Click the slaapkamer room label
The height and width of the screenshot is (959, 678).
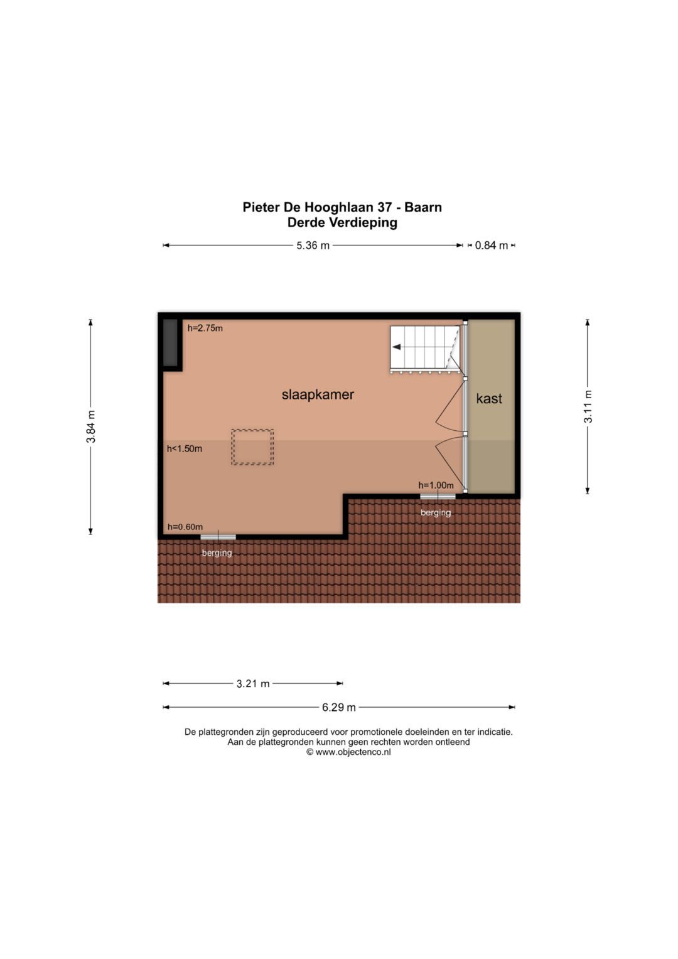tap(318, 394)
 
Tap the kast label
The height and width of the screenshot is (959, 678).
tap(489, 398)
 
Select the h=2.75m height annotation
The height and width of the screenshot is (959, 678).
tap(205, 328)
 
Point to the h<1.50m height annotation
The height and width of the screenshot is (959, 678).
tap(185, 448)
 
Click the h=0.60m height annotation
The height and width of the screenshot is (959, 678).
tap(185, 527)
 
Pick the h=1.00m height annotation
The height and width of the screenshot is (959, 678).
tap(436, 485)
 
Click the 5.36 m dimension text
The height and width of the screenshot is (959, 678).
tap(313, 246)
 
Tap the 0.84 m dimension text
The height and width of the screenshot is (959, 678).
tap(491, 246)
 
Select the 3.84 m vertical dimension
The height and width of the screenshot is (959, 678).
tap(91, 426)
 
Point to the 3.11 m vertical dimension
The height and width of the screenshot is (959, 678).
tap(588, 406)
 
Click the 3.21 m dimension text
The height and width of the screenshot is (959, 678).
tap(253, 683)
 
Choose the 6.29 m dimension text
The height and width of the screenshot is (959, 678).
tap(339, 707)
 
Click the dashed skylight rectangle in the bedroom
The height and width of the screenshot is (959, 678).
tap(252, 447)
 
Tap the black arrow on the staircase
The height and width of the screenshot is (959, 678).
tap(397, 347)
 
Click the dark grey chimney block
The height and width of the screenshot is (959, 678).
tap(170, 342)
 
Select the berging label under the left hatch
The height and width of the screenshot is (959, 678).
tap(217, 553)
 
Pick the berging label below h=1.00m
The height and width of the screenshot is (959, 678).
tap(436, 512)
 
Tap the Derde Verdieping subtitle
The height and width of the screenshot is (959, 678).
tap(342, 222)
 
